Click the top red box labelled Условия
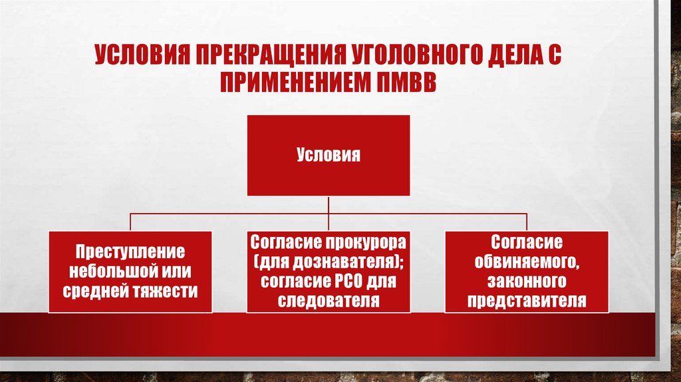[328, 156]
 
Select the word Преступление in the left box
[130, 253]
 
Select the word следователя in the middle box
[328, 300]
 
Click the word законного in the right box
[526, 281]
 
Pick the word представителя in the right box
[526, 300]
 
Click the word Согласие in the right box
[526, 242]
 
